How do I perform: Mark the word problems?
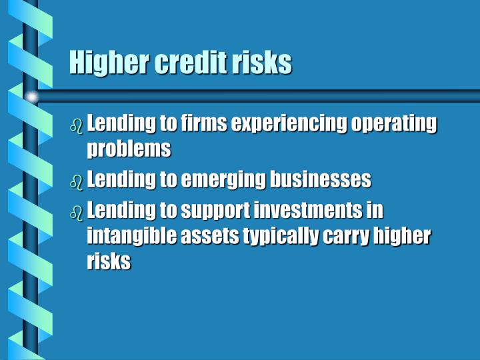(x=129, y=149)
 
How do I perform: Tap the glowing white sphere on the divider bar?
(x=31, y=97)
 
